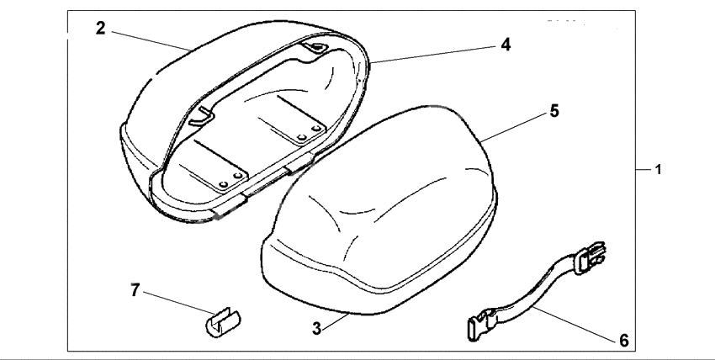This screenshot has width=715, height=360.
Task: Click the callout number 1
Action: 659,170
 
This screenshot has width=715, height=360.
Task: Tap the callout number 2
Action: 100,28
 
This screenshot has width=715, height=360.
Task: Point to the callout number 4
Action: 506,43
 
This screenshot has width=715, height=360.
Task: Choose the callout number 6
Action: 623,340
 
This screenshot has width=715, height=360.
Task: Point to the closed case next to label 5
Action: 379,210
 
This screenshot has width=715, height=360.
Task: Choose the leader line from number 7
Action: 175,303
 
